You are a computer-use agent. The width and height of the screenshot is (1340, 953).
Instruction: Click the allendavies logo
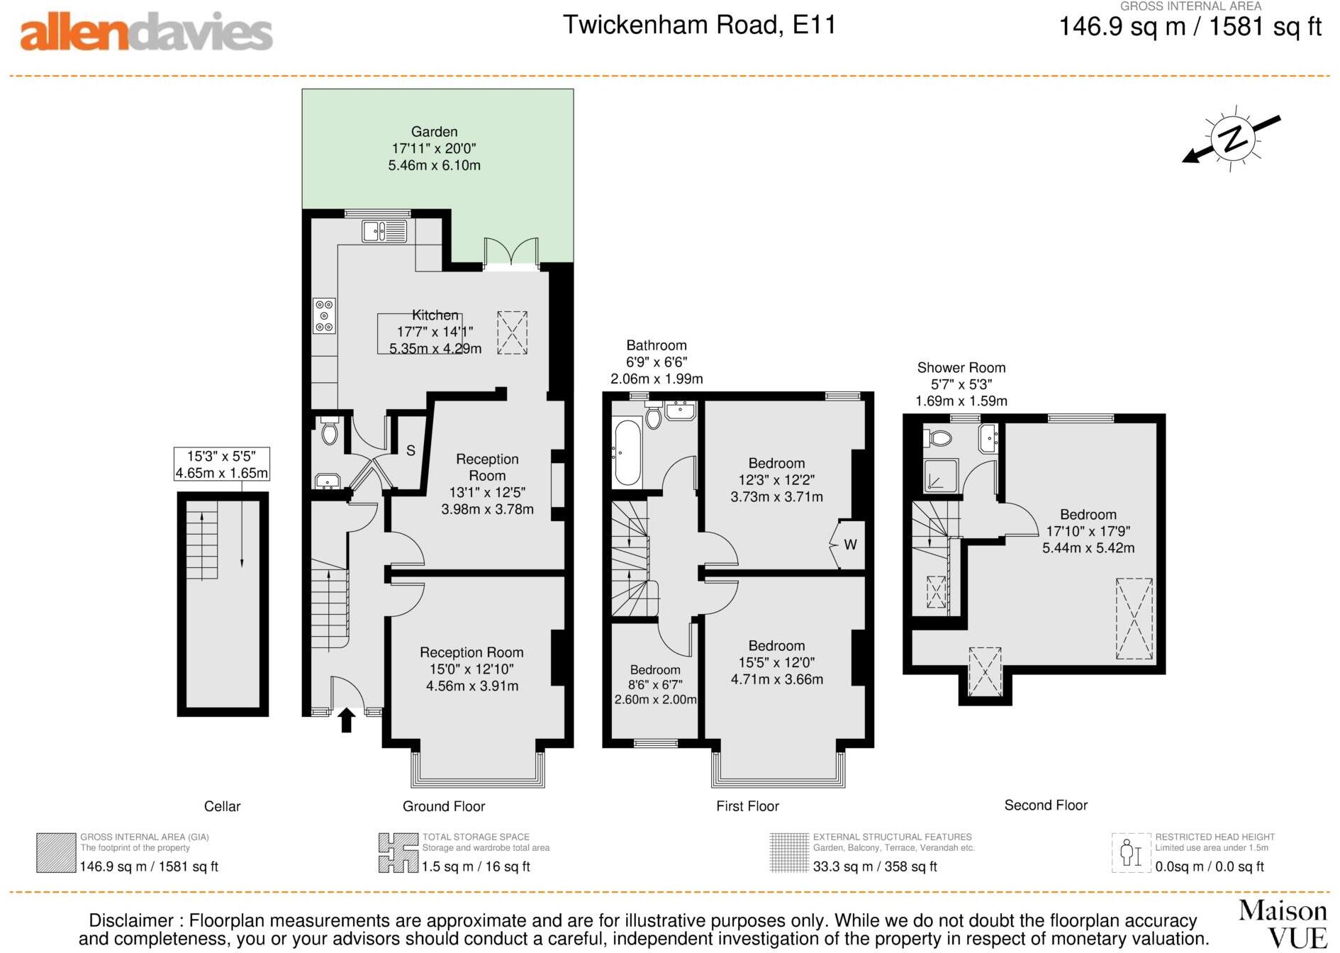point(146,33)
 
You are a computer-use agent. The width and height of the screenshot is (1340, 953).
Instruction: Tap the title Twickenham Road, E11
point(699,25)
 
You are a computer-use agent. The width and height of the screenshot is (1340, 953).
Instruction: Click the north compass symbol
point(1234,139)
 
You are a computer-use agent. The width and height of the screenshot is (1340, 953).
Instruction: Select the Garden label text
point(434,132)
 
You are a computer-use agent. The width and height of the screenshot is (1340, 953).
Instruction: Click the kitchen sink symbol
point(384,231)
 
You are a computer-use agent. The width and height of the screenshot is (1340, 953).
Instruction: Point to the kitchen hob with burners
point(324,316)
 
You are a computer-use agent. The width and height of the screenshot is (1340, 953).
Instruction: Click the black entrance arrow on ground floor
point(346,719)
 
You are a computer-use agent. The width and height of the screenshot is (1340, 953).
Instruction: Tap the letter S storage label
point(411,450)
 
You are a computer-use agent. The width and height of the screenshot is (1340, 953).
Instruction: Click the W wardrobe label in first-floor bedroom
point(850,545)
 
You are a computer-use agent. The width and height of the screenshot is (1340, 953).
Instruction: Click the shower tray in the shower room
point(941,476)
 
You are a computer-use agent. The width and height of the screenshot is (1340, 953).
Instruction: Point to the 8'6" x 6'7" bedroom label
point(655,684)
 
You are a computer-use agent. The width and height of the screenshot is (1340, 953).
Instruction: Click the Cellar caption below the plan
point(222,806)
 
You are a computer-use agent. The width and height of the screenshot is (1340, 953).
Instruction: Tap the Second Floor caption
point(1045,805)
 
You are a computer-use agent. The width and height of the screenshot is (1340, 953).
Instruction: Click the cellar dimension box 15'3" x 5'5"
point(222,464)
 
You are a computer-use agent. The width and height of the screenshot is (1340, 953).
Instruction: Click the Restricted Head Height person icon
point(1130,853)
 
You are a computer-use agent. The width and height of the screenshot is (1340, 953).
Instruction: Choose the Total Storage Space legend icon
point(398,853)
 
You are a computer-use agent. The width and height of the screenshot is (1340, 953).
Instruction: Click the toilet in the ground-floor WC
point(330,430)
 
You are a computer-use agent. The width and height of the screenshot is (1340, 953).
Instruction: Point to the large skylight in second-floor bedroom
point(1134,618)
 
